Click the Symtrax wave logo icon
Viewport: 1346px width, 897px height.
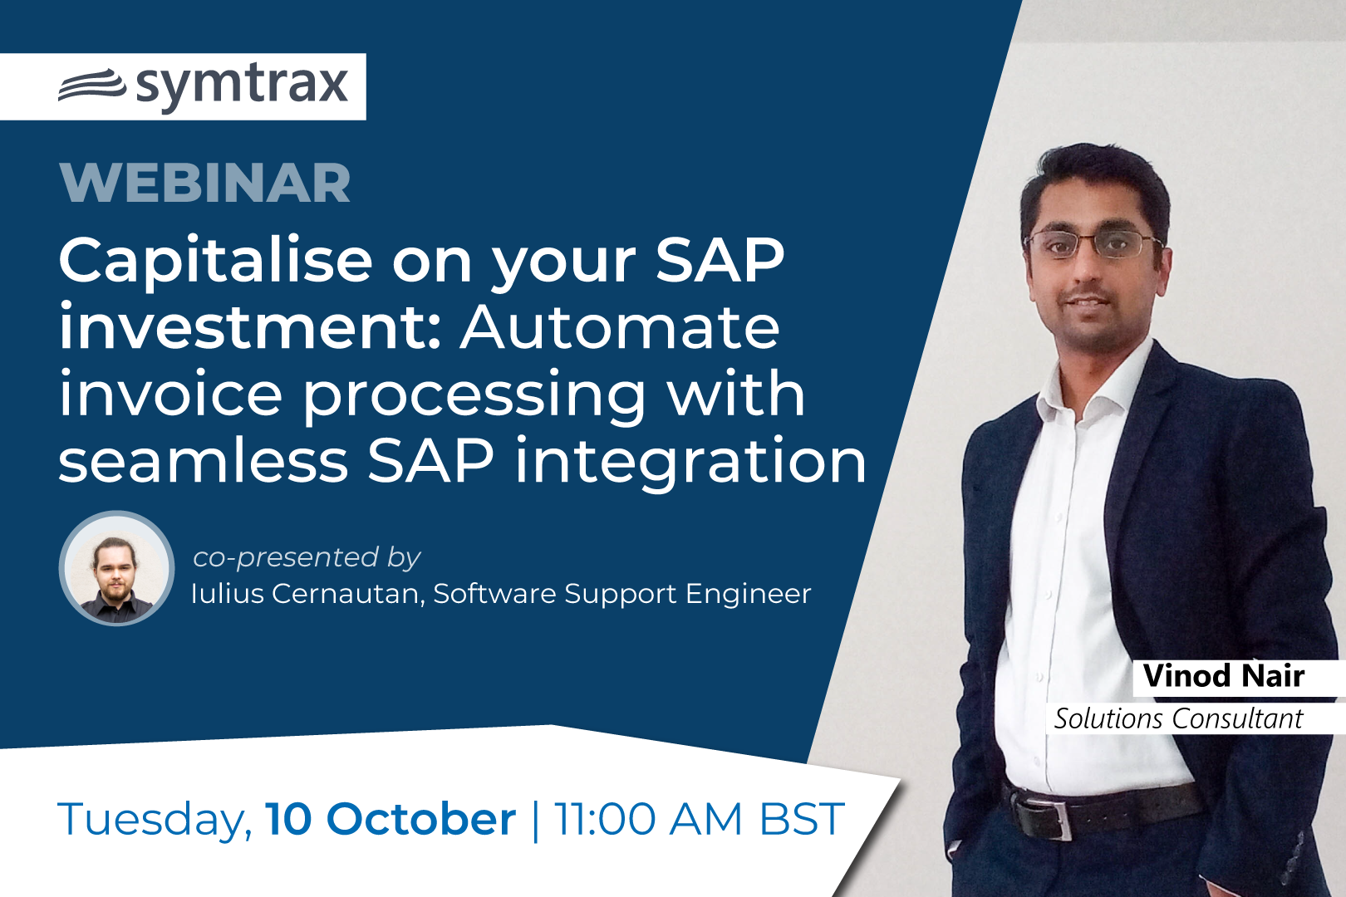point(92,86)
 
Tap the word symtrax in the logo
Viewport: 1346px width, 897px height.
point(242,86)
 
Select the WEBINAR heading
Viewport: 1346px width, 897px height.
point(205,183)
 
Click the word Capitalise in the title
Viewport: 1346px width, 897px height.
point(216,262)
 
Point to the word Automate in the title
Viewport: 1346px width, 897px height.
point(620,328)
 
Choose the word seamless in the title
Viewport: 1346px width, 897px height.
point(203,461)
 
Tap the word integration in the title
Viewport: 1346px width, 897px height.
point(690,463)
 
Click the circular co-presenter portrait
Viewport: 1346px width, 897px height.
point(116,568)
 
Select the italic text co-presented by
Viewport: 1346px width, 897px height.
point(307,558)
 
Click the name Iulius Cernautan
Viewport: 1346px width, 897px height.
point(308,594)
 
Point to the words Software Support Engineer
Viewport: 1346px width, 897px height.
point(622,594)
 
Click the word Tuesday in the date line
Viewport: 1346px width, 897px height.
point(155,820)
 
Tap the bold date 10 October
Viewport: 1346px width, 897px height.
point(391,818)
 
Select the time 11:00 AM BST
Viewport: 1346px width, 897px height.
point(699,818)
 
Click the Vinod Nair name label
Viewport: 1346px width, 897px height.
point(1223,676)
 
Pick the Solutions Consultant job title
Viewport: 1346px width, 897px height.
point(1178,718)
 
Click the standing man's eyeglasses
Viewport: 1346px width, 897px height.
point(1093,243)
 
